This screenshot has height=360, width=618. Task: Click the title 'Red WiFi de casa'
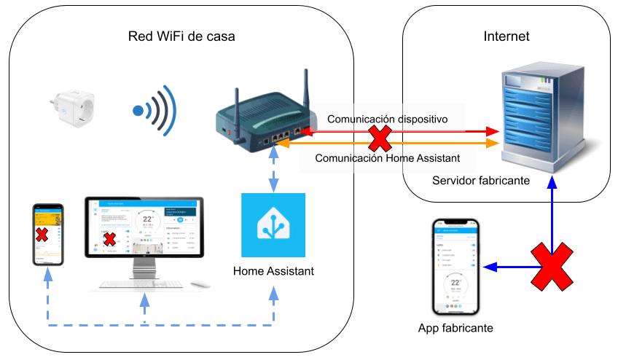pyautogui.click(x=181, y=36)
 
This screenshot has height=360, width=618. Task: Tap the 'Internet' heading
pyautogui.click(x=506, y=36)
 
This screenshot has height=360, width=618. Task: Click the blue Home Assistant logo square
pyautogui.click(x=273, y=224)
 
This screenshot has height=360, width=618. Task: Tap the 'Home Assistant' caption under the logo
pyautogui.click(x=273, y=272)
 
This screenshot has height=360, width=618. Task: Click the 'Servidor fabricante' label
pyautogui.click(x=481, y=180)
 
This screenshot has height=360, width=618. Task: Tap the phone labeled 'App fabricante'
pyautogui.click(x=457, y=264)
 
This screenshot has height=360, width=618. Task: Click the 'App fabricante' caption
pyautogui.click(x=457, y=328)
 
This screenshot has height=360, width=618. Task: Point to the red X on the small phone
pyautogui.click(x=42, y=235)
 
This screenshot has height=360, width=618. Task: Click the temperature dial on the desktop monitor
pyautogui.click(x=148, y=220)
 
